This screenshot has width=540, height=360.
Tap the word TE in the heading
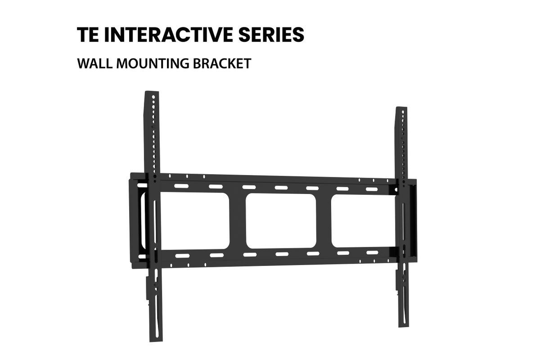pos(88,35)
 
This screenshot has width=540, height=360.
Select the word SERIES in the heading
pos(271,35)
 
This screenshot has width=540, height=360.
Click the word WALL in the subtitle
pos(95,63)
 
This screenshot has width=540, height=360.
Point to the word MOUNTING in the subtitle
pos(153,63)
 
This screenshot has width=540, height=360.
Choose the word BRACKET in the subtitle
pos(222,63)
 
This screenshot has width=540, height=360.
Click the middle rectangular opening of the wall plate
pos(281,221)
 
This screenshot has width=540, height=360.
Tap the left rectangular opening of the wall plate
pos(194,220)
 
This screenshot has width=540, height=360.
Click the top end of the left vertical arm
pos(151,92)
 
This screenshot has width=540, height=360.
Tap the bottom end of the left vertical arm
pos(156,341)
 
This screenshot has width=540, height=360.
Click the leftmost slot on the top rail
pos(181,186)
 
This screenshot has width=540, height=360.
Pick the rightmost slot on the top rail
pos(372,189)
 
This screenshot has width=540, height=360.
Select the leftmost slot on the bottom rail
pos(183,256)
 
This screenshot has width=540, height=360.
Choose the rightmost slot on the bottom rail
pos(373,253)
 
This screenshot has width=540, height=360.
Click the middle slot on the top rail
pos(281,188)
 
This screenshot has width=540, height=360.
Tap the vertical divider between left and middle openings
pos(238,220)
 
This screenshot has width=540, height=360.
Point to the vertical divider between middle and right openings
pos(324,221)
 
